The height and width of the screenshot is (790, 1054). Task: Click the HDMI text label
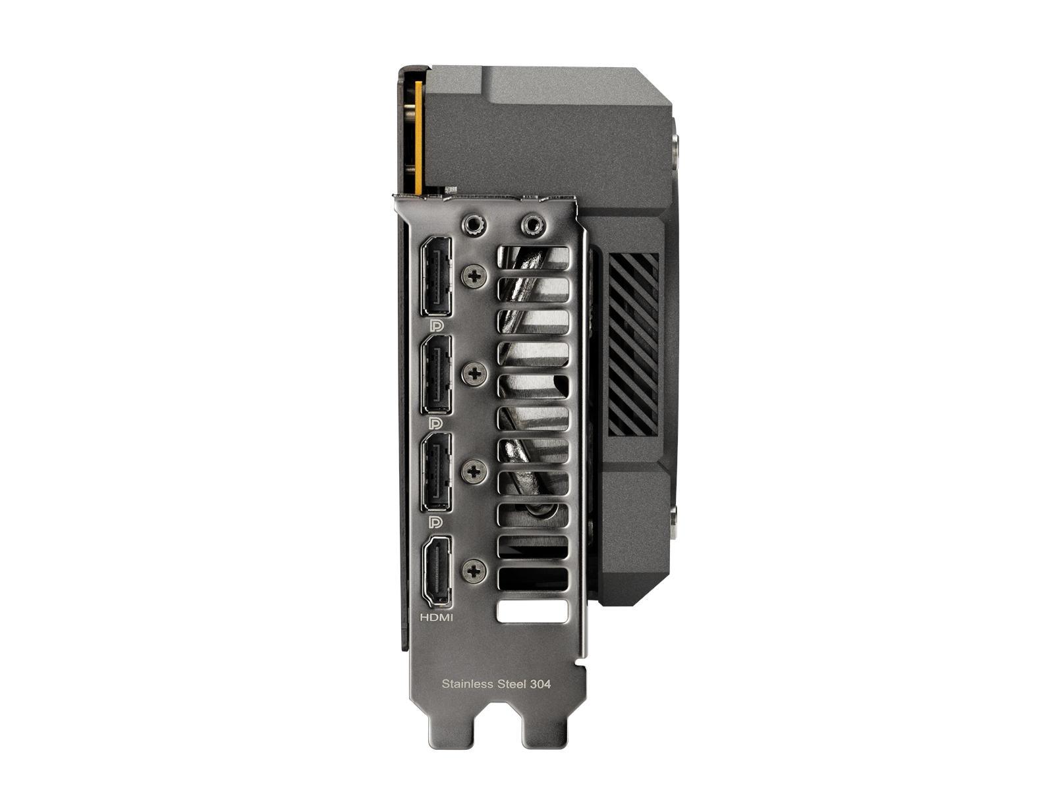tap(437, 618)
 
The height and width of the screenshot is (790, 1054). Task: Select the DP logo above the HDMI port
tap(437, 523)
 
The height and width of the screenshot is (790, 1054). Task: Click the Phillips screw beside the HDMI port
tap(474, 570)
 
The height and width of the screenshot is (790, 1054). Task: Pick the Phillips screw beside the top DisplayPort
tap(474, 276)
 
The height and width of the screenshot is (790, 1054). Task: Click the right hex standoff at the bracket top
tap(532, 225)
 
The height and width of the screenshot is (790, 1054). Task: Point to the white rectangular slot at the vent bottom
tap(532, 611)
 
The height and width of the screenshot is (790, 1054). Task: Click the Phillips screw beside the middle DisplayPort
tap(474, 374)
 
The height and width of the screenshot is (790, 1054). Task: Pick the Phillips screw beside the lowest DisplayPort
tap(474, 471)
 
